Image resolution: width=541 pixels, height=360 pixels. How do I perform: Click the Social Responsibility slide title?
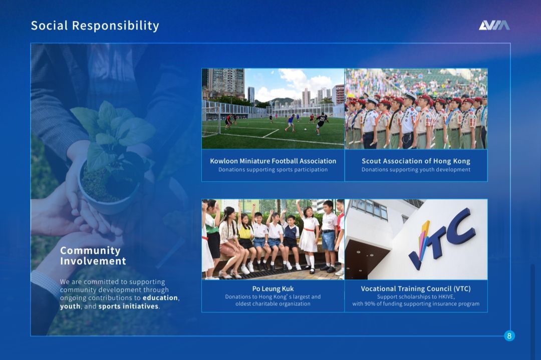(x=95, y=26)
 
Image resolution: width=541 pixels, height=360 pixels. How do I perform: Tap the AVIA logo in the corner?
(x=494, y=26)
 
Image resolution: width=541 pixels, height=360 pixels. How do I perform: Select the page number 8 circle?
(x=509, y=336)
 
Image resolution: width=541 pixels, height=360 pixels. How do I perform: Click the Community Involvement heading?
(x=93, y=255)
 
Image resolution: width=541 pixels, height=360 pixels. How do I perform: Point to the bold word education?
(x=160, y=297)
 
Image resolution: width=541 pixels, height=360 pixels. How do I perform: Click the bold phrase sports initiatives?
(x=128, y=306)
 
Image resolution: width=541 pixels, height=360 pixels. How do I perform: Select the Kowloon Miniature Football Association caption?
(x=273, y=161)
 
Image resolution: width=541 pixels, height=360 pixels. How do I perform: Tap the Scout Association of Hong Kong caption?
(x=416, y=161)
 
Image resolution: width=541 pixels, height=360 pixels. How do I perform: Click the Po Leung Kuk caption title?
(x=273, y=288)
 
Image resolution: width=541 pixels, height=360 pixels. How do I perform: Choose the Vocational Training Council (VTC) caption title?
(x=416, y=288)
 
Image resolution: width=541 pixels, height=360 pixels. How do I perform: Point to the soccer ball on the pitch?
(x=305, y=130)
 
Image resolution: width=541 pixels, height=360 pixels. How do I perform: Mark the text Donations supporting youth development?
(x=416, y=170)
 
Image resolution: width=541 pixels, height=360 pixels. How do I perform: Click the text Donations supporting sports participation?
(x=273, y=170)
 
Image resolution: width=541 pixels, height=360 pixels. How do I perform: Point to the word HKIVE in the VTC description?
(x=446, y=297)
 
